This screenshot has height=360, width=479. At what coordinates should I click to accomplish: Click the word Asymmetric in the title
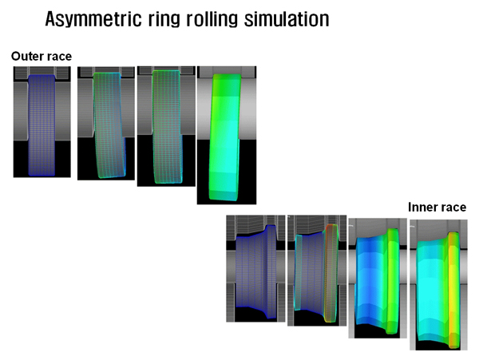coord(93,19)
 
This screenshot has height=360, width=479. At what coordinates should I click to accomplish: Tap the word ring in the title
coord(164,19)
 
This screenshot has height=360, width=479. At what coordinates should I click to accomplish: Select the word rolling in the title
coord(212,19)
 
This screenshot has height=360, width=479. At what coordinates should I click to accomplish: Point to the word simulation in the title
coord(287,19)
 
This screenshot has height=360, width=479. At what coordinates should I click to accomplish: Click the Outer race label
coord(42,56)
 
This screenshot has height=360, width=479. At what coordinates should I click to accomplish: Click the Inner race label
coord(437,207)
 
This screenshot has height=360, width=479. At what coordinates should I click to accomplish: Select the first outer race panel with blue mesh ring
coord(42,122)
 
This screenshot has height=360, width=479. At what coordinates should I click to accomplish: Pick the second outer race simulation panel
coord(106,124)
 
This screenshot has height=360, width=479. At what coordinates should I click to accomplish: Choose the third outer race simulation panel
coord(166,126)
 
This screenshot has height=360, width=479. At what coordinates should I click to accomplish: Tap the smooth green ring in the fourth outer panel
coord(224,137)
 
